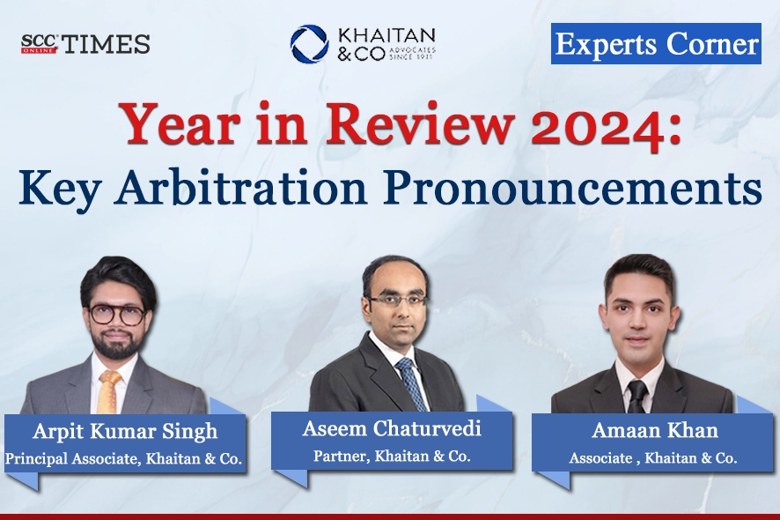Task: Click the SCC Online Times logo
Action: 85,44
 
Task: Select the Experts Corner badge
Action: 656,44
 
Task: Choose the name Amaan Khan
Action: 654,433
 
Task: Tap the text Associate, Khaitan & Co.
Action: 654,458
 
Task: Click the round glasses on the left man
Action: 117,316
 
